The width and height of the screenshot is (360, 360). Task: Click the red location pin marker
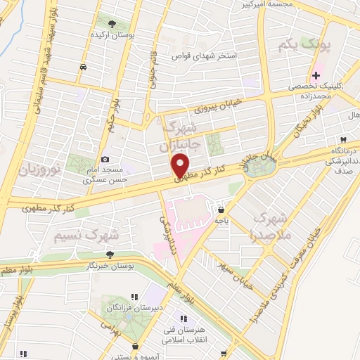coord(181,166)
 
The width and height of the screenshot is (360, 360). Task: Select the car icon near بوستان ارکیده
coord(84,67)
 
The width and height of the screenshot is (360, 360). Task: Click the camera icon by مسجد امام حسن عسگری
coord(105,160)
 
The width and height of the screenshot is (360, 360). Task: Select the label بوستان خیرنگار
coord(109,267)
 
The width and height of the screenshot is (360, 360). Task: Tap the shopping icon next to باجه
coord(221,210)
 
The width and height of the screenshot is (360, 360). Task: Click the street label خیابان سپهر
coord(237,267)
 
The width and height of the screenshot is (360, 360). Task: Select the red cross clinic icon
coord(316,75)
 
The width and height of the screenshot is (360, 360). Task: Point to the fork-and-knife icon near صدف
coord(344,139)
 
